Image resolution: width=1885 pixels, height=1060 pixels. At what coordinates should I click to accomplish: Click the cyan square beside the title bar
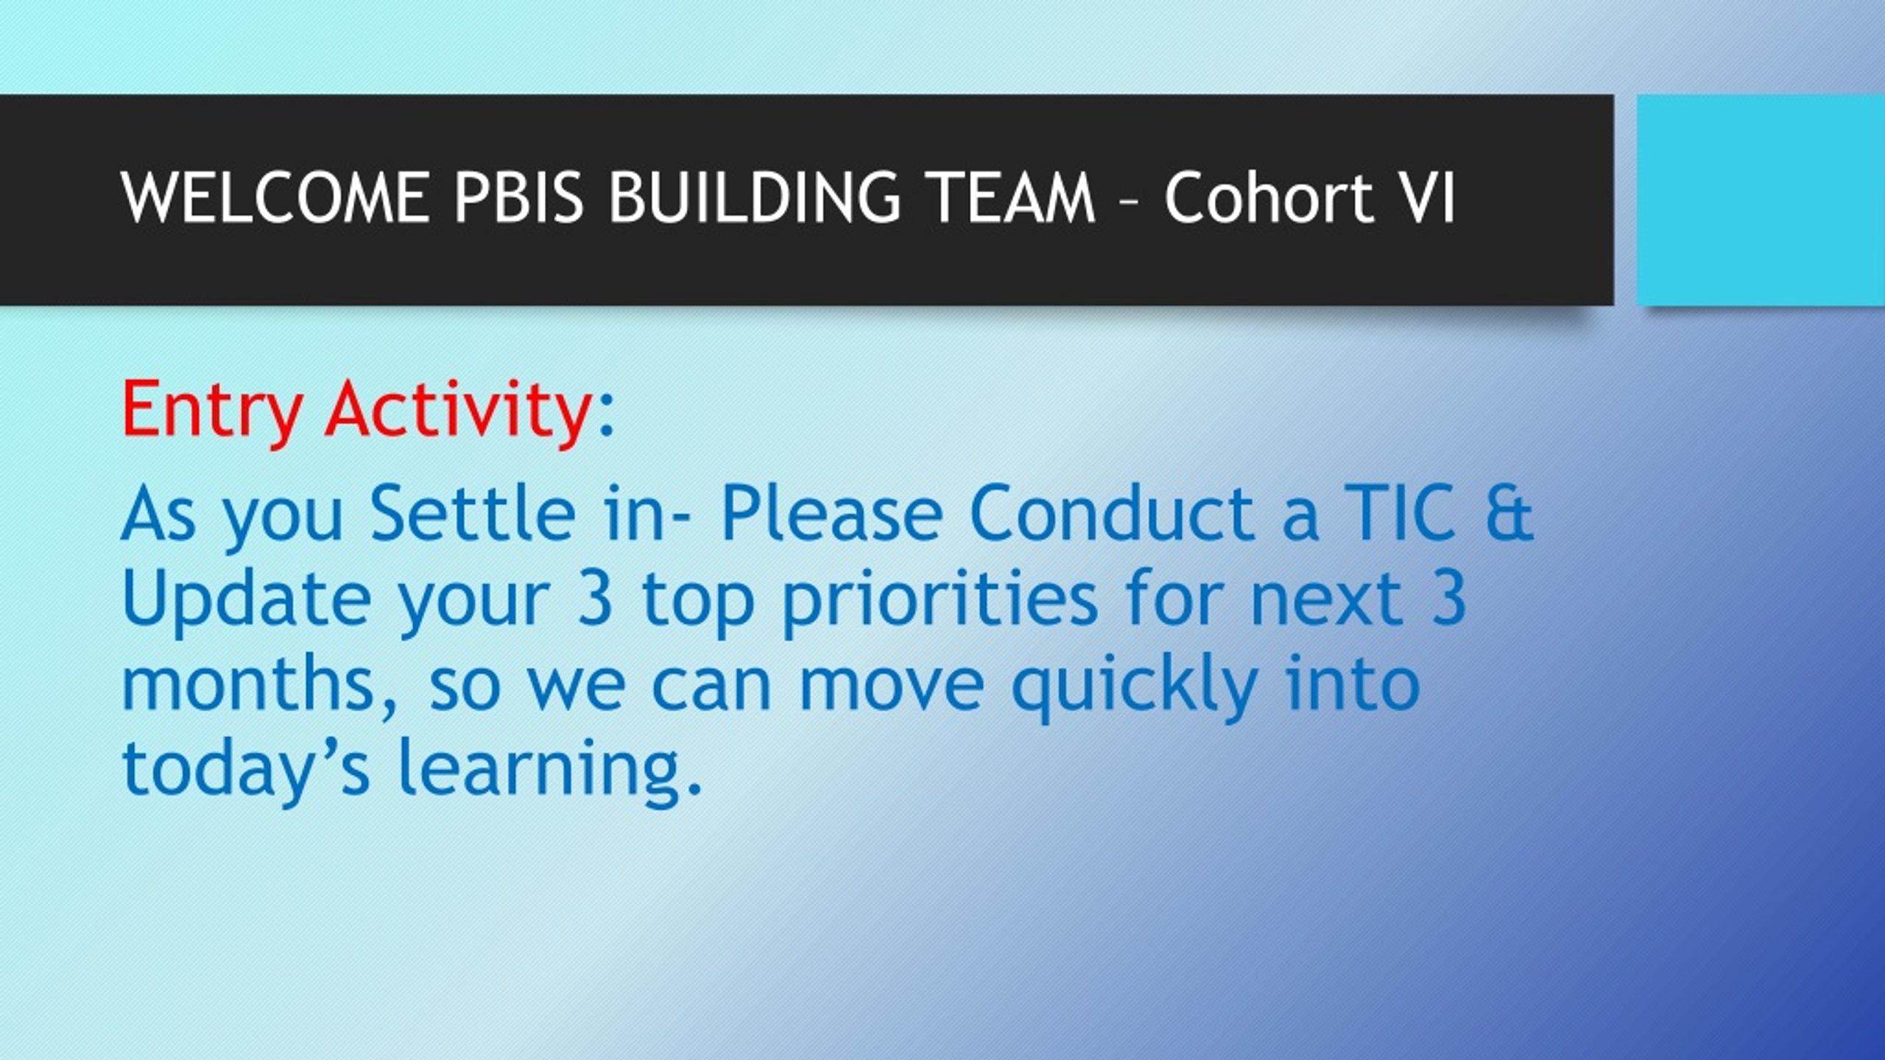[1761, 199]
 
